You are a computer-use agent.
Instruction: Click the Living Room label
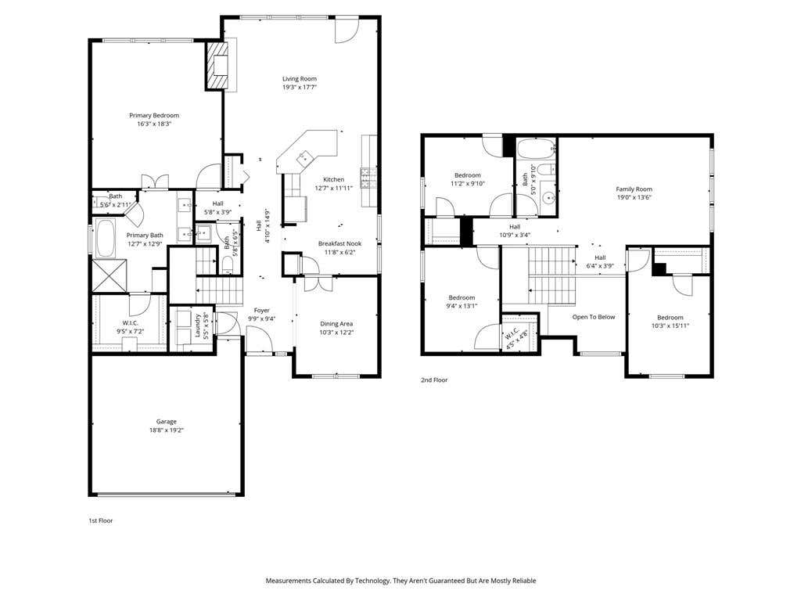[300, 79]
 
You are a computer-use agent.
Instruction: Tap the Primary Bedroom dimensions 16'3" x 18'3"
[154, 124]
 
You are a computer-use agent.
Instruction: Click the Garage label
[167, 422]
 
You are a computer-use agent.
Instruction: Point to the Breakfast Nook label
[339, 244]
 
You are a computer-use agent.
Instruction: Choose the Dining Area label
[336, 323]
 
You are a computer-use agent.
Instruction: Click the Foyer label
[262, 310]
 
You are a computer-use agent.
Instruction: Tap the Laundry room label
[198, 325]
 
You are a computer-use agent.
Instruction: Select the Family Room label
[634, 189]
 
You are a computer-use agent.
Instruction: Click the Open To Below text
[594, 317]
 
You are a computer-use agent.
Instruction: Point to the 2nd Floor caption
[434, 380]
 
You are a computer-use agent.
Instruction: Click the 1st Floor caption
[101, 520]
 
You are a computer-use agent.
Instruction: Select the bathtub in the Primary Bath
[106, 239]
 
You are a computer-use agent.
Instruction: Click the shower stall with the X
[110, 276]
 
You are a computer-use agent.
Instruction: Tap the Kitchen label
[333, 179]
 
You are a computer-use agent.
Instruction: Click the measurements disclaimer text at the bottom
[400, 581]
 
